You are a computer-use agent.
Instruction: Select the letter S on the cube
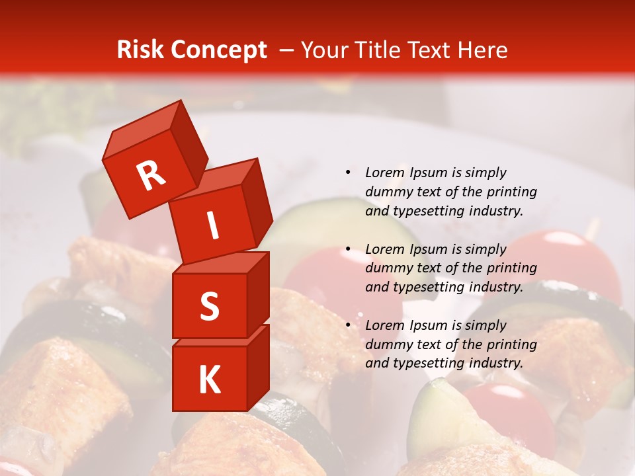point(209,306)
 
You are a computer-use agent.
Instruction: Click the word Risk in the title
point(141,50)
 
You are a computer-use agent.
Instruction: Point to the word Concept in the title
point(219,51)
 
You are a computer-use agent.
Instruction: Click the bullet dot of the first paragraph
point(348,173)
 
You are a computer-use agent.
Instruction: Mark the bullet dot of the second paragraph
point(348,249)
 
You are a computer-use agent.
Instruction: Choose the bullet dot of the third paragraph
point(348,325)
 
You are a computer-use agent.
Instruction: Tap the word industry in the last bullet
point(496,363)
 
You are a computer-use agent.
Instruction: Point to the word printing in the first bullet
point(513,192)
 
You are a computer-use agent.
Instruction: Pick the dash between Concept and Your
point(287,51)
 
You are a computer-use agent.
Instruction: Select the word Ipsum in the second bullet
point(429,249)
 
